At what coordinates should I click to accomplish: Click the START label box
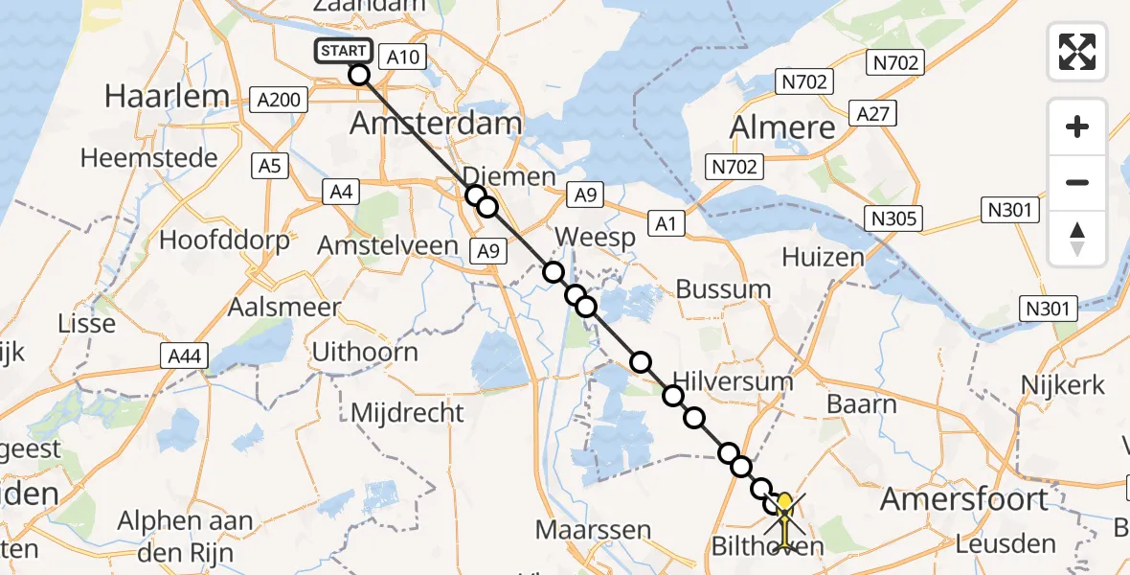tap(343, 51)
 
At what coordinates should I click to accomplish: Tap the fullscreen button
tap(1077, 52)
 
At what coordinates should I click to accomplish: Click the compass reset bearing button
tap(1077, 238)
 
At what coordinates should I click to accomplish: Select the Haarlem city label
tap(168, 96)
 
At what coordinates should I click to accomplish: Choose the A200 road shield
tap(279, 99)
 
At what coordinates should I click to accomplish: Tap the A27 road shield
tap(873, 114)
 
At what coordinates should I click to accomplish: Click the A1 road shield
tap(667, 223)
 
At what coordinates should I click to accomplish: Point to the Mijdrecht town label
tap(408, 413)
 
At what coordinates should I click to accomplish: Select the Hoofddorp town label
tap(224, 240)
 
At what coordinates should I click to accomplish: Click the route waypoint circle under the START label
tap(359, 75)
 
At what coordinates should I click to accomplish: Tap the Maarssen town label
tap(594, 529)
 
